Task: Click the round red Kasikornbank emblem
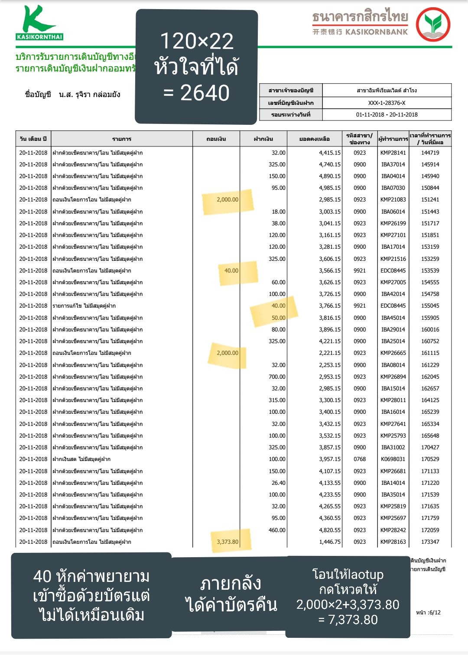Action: coord(433,24)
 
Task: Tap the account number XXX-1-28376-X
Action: coord(387,103)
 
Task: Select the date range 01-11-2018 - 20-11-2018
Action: coord(387,115)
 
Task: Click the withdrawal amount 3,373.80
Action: coord(227,542)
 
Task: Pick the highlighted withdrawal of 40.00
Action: coord(231,271)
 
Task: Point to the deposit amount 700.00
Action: coord(277,377)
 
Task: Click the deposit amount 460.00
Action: coord(277,530)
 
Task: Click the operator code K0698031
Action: coord(393,459)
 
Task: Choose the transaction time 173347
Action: coord(430,542)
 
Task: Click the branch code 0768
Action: coord(360,459)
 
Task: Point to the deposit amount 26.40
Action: coord(278,483)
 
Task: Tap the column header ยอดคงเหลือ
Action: coord(314,139)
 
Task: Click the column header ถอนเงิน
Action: coord(216,139)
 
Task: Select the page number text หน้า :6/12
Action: coord(428,613)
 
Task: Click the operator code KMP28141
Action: coord(393,153)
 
